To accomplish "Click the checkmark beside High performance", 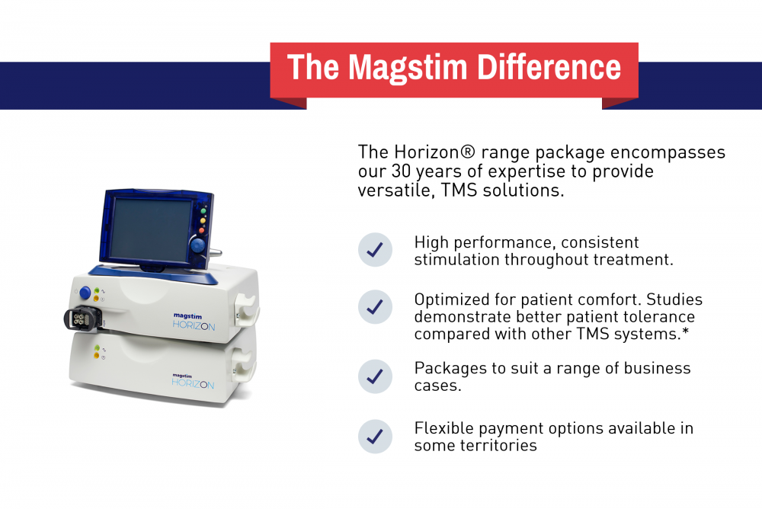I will click(375, 250).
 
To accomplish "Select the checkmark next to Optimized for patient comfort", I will click(375, 306).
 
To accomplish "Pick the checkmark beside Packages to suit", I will click(375, 376).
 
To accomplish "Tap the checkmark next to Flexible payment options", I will click(375, 437).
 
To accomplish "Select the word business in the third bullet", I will click(652, 368).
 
